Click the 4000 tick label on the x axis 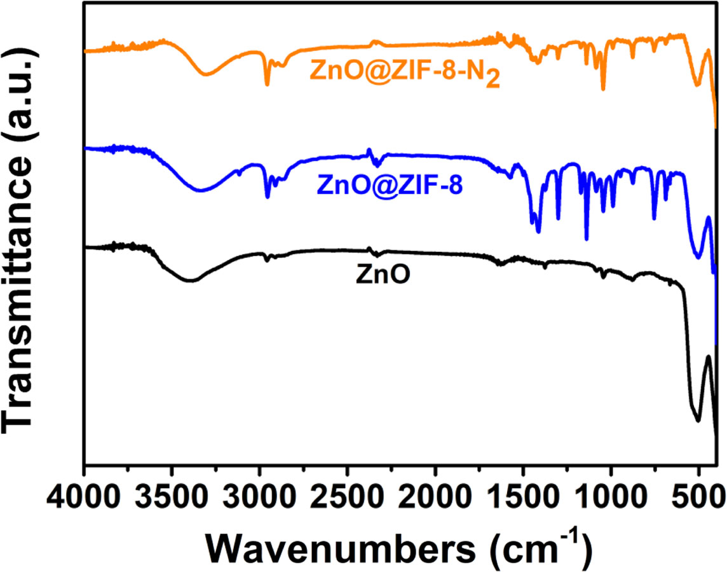coord(84,493)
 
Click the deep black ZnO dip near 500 coord(698,421)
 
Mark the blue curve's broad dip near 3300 coord(201,190)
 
